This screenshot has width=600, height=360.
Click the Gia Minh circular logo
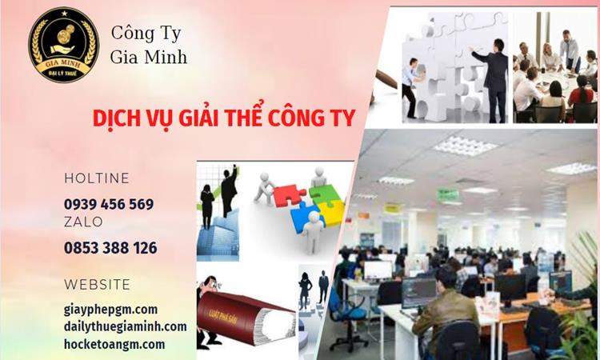pyautogui.click(x=63, y=46)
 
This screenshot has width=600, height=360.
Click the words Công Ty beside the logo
pyautogui.click(x=146, y=34)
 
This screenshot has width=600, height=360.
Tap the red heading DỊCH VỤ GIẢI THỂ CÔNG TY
pyautogui.click(x=223, y=118)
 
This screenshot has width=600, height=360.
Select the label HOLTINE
pyautogui.click(x=97, y=178)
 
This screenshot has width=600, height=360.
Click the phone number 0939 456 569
pyautogui.click(x=109, y=204)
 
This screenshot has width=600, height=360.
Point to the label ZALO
pyautogui.click(x=83, y=222)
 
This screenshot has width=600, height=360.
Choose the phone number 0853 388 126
pyautogui.click(x=110, y=248)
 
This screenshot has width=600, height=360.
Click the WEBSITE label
pyautogui.click(x=97, y=285)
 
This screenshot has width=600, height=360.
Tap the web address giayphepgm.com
pyautogui.click(x=110, y=309)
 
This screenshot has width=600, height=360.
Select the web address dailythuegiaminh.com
pyautogui.click(x=125, y=326)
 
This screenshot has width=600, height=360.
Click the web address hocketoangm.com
pyautogui.click(x=114, y=344)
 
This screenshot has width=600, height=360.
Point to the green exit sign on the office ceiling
pyautogui.click(x=448, y=194)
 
